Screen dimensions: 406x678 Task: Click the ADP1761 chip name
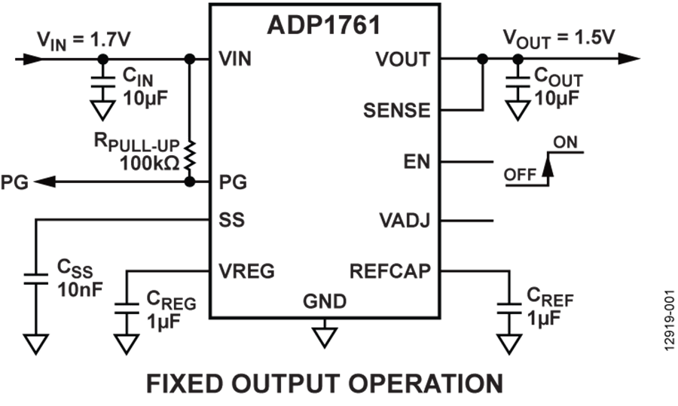(x=323, y=24)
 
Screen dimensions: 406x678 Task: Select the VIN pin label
(x=234, y=59)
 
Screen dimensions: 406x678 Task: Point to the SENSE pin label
(x=396, y=111)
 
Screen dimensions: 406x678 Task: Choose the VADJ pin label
(x=405, y=221)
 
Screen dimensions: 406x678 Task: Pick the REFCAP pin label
(x=390, y=270)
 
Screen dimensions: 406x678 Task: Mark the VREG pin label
(x=246, y=270)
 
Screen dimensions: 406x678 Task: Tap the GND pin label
(x=325, y=302)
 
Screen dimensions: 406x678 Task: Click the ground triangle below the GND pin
(x=325, y=335)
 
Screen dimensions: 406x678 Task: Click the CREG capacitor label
(x=171, y=301)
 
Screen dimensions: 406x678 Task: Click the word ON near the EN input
(x=565, y=142)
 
